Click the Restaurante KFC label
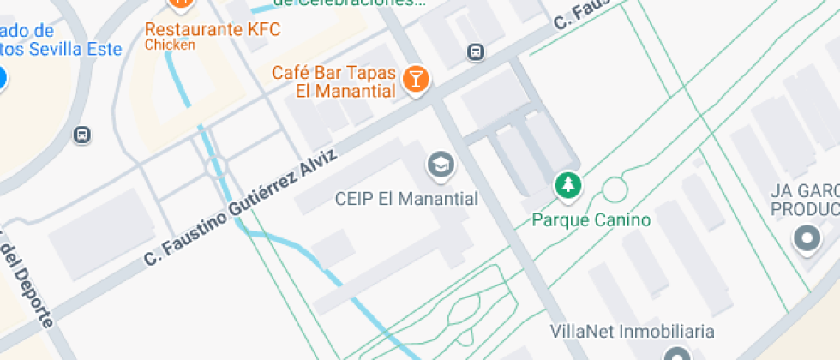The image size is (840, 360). coord(213,28)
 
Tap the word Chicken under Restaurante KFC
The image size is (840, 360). coord(170,45)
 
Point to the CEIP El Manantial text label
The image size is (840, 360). coord(405,199)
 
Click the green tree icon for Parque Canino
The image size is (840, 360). coord(567,184)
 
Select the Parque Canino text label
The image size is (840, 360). coord(591,220)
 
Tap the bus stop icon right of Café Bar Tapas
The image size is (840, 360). coord(475,52)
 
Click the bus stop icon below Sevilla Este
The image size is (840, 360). coord(82,135)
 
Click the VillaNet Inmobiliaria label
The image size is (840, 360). coord(633,331)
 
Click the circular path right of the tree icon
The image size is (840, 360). coord(615,189)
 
